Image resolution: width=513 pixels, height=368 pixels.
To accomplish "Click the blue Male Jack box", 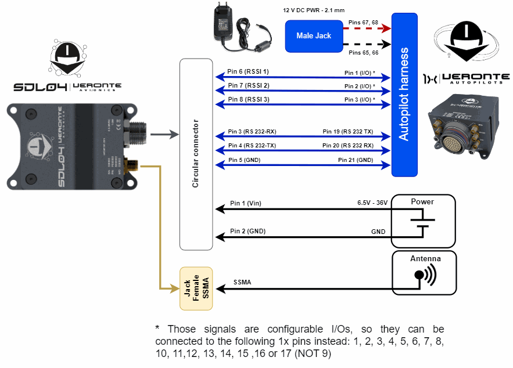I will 314,36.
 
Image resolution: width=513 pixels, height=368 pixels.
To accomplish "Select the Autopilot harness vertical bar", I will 404,94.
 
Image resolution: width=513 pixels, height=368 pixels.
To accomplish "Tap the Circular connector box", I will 196,154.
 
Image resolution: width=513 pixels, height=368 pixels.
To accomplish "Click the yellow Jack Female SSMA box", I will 196,288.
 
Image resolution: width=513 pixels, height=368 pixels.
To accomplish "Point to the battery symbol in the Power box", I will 424,223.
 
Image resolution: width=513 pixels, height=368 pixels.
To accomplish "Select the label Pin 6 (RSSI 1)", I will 248,71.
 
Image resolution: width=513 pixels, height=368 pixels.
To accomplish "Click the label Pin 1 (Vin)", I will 246,203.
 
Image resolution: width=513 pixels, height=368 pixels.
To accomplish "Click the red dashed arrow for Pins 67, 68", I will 367,28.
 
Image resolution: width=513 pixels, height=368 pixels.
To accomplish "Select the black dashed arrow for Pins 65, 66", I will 367,44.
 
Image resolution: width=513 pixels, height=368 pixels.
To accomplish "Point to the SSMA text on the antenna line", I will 242,283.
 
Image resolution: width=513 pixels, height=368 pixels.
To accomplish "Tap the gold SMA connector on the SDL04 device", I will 132,164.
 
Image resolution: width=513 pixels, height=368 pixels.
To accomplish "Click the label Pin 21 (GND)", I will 356,160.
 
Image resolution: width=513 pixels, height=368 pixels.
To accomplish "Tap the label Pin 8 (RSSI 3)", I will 248,99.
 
